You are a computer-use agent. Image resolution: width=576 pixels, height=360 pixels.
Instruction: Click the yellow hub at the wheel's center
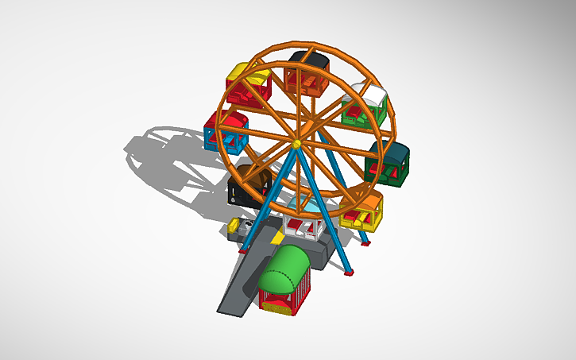coord(296,144)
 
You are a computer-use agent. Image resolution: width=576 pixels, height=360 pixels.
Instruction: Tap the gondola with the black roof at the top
coord(308,73)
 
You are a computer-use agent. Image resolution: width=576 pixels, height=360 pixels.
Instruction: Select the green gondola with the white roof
coord(363,105)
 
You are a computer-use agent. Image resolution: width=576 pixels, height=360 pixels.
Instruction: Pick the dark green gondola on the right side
coord(389,163)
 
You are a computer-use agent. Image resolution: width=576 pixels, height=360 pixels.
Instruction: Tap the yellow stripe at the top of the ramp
coord(277,238)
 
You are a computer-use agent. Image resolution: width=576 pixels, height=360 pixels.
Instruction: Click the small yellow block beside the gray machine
coord(234,227)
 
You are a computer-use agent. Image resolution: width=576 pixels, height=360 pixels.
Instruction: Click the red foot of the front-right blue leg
coord(348,274)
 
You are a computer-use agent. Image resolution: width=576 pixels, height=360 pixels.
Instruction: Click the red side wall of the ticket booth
coord(303,295)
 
